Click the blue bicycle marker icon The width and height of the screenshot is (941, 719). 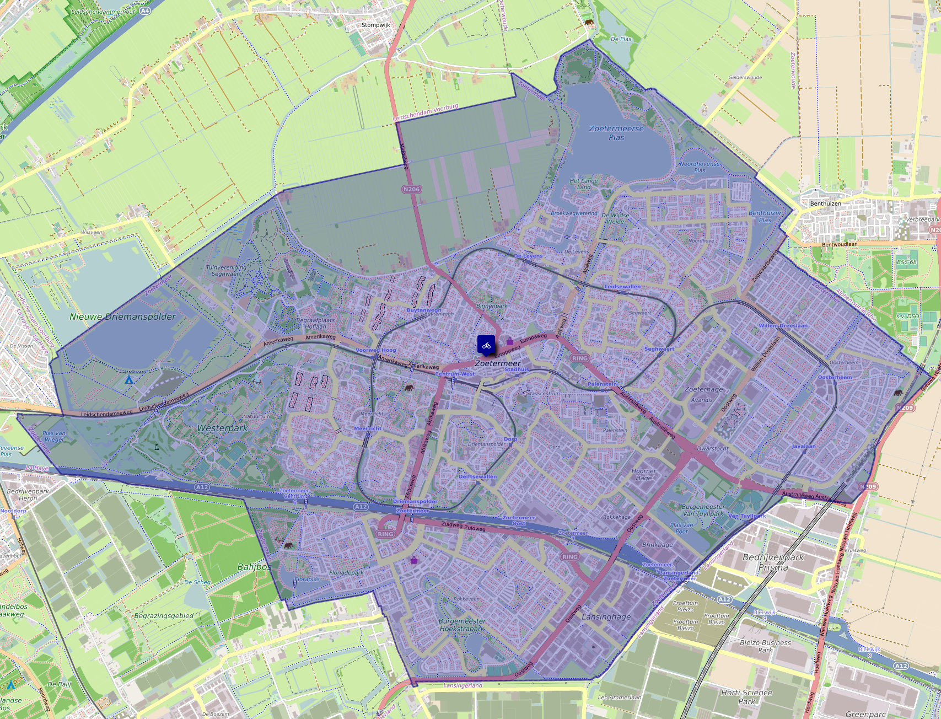point(486,345)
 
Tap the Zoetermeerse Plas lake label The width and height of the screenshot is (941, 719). point(616,133)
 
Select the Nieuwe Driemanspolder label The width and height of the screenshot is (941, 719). point(122,317)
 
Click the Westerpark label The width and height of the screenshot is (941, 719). point(222,428)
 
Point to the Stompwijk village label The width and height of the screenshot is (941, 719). point(375,25)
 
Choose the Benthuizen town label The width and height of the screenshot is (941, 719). point(825,203)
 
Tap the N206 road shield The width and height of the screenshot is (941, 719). point(411,189)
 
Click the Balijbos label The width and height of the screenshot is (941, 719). point(254,567)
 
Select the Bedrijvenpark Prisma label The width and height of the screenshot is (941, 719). point(773,562)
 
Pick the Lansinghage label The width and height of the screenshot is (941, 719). point(606,617)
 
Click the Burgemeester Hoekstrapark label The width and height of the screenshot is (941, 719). point(463,625)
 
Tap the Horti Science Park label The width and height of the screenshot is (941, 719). point(746,697)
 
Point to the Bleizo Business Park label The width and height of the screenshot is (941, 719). point(765,646)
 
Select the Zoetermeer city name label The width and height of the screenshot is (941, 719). point(498,364)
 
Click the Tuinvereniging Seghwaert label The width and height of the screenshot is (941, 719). point(226,270)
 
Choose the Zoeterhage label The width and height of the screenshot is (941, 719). point(703,389)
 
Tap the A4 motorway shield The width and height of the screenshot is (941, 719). point(144,10)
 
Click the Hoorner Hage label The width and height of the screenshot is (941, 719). point(643,475)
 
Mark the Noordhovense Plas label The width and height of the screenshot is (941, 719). point(700,167)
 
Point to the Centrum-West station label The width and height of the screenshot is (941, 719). point(455,374)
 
